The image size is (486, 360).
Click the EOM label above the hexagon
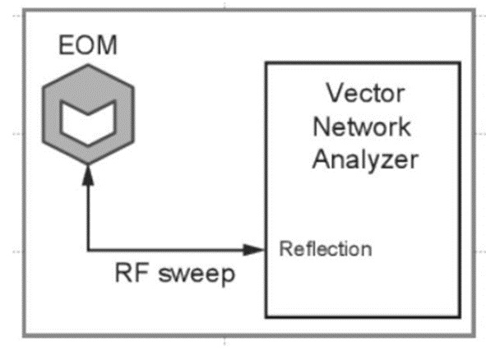(x=88, y=45)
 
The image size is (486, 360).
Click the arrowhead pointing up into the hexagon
(x=88, y=175)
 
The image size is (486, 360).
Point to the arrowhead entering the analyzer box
(x=253, y=250)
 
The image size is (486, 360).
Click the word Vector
(x=365, y=93)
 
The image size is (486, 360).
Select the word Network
(x=362, y=127)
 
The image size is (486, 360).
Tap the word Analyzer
(x=365, y=159)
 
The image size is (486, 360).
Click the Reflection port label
(x=326, y=249)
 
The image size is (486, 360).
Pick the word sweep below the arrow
(x=197, y=274)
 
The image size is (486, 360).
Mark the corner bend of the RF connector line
(x=88, y=250)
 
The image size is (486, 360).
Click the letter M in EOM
(x=107, y=45)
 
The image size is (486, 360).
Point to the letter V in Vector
(x=336, y=93)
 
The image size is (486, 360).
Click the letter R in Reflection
(x=285, y=249)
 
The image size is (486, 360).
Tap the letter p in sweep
(x=228, y=276)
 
